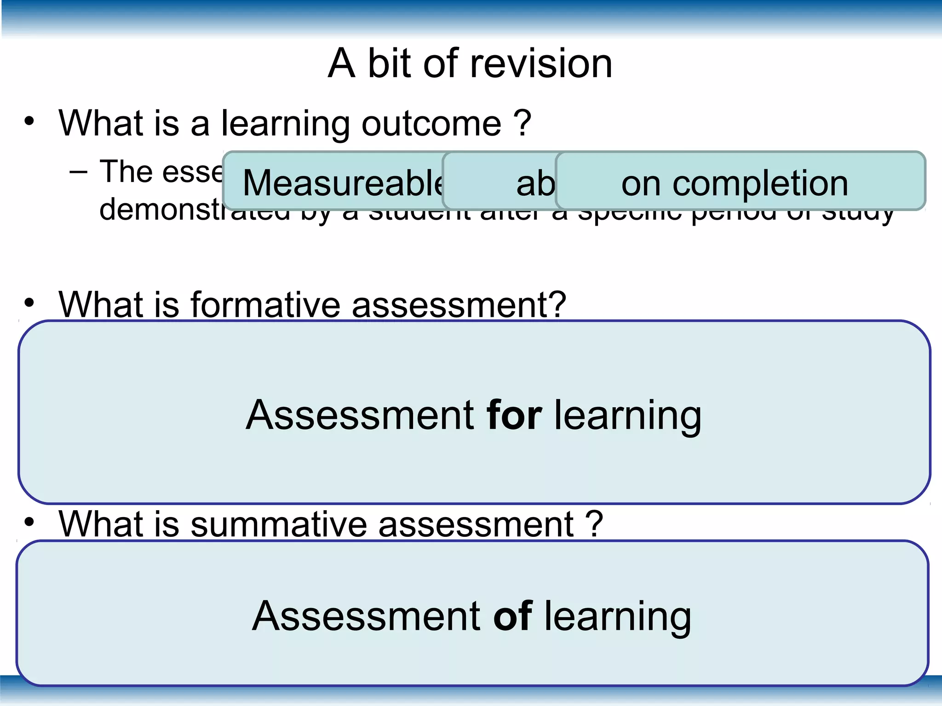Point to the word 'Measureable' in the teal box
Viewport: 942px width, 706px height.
pyautogui.click(x=343, y=183)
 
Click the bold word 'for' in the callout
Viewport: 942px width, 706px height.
pyautogui.click(x=514, y=415)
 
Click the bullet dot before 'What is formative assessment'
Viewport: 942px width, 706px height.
pyautogui.click(x=29, y=303)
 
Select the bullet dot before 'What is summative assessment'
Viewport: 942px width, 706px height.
pyautogui.click(x=29, y=522)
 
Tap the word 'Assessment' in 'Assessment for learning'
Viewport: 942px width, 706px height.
pyautogui.click(x=360, y=415)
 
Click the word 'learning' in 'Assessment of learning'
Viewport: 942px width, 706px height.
pyautogui.click(x=618, y=617)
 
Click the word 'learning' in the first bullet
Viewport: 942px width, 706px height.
pyautogui.click(x=285, y=124)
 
